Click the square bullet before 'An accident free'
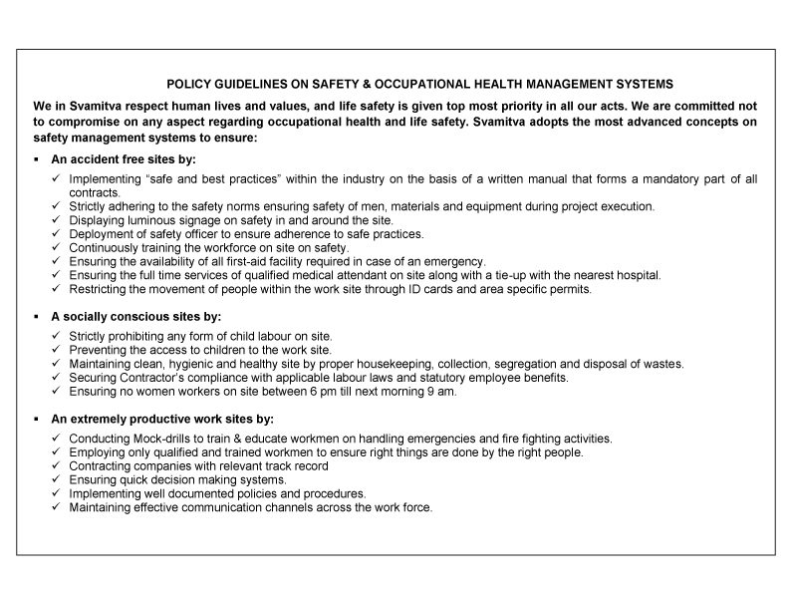coord(36,159)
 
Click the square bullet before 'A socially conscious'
coord(36,315)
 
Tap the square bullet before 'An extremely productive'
coord(36,419)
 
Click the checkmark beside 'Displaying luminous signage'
coord(56,220)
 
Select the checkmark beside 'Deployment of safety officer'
coord(56,234)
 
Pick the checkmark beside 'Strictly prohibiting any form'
coord(56,337)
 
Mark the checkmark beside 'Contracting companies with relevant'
coord(56,466)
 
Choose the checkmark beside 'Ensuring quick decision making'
coord(56,480)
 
